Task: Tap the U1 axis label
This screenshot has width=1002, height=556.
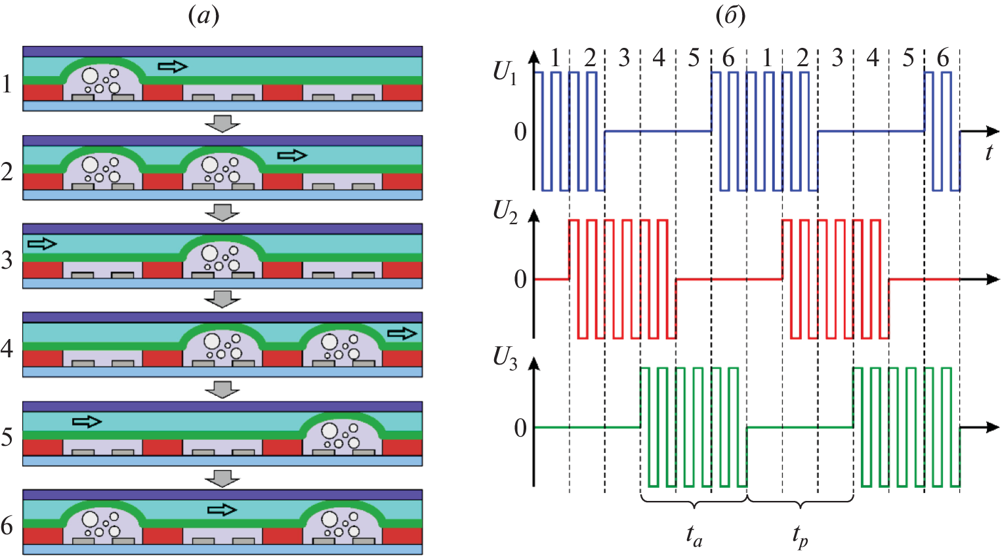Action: pyautogui.click(x=505, y=73)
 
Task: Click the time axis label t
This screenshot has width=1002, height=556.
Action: pyautogui.click(x=989, y=152)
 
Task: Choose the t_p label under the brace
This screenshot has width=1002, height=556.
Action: pyautogui.click(x=799, y=536)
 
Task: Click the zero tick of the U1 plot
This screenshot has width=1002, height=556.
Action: pyautogui.click(x=520, y=132)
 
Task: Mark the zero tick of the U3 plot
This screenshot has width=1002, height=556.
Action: pyautogui.click(x=520, y=428)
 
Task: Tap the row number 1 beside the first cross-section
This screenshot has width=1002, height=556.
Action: pyautogui.click(x=7, y=84)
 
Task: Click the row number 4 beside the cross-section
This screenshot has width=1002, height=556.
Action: pyautogui.click(x=7, y=348)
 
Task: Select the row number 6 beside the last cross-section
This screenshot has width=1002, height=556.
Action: pyautogui.click(x=7, y=525)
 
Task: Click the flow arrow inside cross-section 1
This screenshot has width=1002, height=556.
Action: pyautogui.click(x=173, y=66)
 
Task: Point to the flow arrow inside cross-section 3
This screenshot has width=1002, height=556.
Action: pyautogui.click(x=42, y=244)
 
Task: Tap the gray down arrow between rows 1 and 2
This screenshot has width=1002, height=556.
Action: pyautogui.click(x=222, y=123)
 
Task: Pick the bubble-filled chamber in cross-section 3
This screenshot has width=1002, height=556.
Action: pyautogui.click(x=222, y=258)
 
